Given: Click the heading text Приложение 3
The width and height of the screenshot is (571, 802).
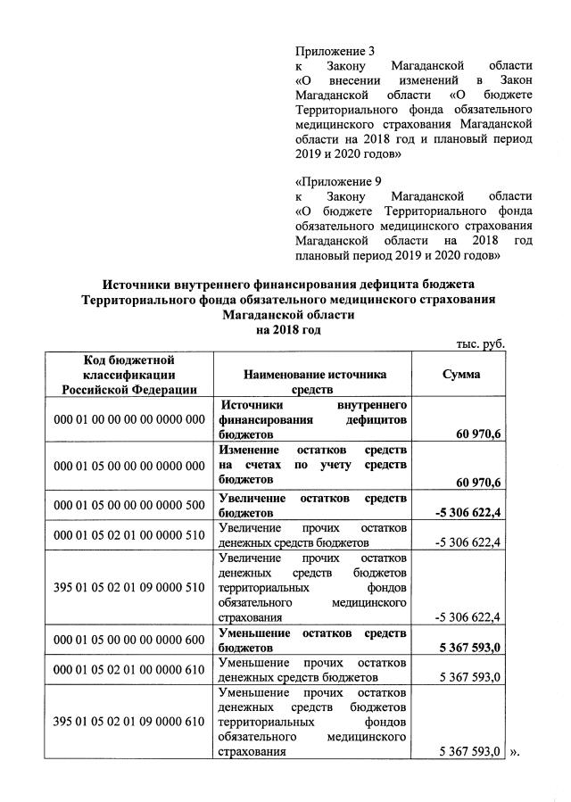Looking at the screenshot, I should coord(335,50).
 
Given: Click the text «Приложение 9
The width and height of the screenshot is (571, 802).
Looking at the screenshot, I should coord(338,181).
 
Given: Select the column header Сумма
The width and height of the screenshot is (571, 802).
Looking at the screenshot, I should coord(461,375).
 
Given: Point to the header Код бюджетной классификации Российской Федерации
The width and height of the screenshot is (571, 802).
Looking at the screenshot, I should coord(128,374).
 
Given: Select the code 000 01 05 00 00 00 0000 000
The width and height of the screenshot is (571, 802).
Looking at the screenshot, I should coord(129,467).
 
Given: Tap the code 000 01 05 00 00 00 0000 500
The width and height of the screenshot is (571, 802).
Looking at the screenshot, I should coord(129,505).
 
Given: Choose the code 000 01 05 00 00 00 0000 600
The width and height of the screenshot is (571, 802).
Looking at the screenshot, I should coord(129,640).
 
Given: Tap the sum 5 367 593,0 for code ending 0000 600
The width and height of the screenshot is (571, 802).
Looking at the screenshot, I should coord(468,648).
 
